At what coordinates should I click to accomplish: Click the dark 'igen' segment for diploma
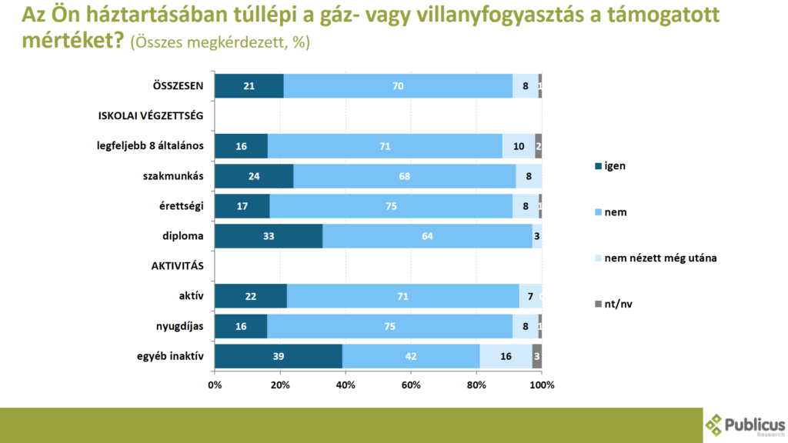point(269,236)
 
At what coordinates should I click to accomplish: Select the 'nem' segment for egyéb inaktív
point(411,356)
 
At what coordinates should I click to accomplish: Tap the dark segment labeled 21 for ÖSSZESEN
point(249,86)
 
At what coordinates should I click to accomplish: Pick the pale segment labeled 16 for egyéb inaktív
point(506,356)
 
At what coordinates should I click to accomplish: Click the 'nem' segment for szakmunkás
point(404,176)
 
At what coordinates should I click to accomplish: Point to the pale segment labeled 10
point(519,146)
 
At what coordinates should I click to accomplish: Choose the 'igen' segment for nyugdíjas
point(241,326)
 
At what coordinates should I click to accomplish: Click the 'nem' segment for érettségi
point(391,206)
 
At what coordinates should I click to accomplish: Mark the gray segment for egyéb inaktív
point(537,356)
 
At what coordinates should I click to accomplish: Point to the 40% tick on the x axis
point(346,384)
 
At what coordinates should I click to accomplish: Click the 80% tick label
point(476,384)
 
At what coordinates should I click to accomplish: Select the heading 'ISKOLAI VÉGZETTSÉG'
point(150,116)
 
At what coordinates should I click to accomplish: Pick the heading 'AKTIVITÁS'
point(177,266)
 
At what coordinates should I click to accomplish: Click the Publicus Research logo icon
point(715,425)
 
